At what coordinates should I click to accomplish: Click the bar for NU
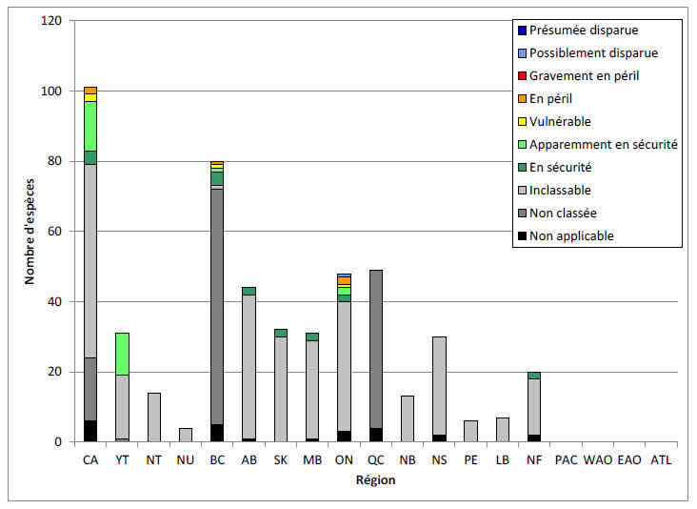(185, 435)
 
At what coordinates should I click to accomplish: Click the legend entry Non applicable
(571, 236)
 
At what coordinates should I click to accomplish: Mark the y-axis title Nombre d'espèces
(30, 231)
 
